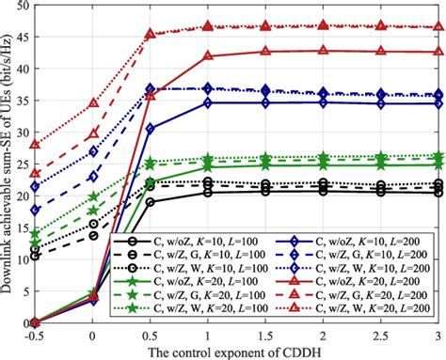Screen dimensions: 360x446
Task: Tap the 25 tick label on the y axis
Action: (22, 164)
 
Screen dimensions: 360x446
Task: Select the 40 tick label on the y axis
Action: (22, 69)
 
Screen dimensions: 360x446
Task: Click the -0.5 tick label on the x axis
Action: (35, 335)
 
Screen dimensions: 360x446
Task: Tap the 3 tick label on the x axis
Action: (439, 335)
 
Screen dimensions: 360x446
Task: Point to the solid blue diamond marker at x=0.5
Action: (151, 129)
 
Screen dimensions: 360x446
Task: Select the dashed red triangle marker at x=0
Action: (92, 134)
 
